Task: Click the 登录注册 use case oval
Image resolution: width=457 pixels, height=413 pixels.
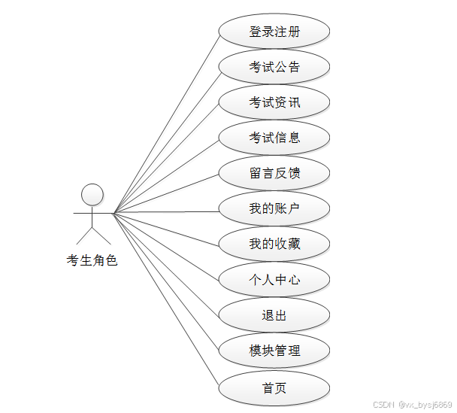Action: (x=274, y=32)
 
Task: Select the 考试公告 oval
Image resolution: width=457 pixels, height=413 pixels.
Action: (x=274, y=67)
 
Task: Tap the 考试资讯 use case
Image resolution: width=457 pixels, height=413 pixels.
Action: (x=274, y=102)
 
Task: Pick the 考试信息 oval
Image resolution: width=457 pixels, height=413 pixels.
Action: (x=274, y=138)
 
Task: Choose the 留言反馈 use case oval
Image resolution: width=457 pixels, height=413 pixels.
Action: (x=274, y=173)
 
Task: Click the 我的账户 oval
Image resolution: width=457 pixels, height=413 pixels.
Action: (x=274, y=208)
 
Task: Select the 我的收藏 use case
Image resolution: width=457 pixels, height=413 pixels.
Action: (x=274, y=244)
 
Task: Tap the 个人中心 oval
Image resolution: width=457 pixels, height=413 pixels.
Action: (x=274, y=280)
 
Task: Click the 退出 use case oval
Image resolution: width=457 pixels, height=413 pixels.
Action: (x=274, y=315)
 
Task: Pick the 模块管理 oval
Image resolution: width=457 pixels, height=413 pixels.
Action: (x=274, y=351)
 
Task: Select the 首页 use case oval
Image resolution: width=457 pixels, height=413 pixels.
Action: (x=274, y=388)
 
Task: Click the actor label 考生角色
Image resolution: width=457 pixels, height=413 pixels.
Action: (x=92, y=261)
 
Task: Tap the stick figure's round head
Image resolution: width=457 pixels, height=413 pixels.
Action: (x=92, y=194)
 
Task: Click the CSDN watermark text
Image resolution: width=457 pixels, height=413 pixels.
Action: (x=412, y=404)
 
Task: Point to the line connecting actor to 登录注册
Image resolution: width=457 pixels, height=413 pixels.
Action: (x=165, y=123)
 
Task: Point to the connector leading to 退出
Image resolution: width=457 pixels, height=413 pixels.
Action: (x=165, y=263)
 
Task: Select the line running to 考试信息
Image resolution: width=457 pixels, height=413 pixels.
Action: (x=165, y=176)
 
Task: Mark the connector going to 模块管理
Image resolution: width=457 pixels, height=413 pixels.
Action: (x=165, y=281)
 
